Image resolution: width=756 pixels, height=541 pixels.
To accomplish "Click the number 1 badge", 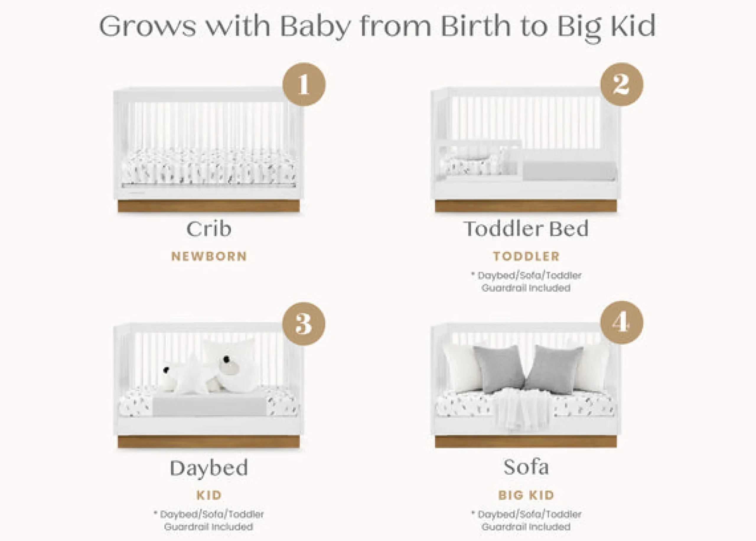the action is point(304,84).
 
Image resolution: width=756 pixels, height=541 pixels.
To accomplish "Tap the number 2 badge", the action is point(622,84).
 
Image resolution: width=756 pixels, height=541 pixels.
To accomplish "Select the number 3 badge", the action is point(304,323).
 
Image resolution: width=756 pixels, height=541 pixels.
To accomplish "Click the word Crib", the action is point(209,229).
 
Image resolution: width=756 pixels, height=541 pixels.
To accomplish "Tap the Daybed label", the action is point(209,468).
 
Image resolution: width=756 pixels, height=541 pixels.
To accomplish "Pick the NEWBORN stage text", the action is point(209,256).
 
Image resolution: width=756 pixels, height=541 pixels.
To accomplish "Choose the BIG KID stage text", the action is point(526,495).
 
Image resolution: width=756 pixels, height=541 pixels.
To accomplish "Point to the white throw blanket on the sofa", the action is point(522,409).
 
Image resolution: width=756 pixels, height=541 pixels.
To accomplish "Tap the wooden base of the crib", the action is point(209,206).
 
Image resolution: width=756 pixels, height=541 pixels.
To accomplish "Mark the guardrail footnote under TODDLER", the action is point(526,282).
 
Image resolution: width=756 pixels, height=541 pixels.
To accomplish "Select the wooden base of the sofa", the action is point(526,442).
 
